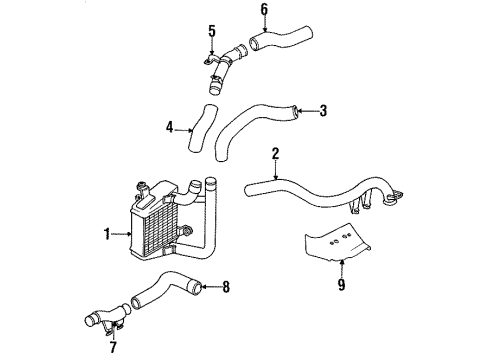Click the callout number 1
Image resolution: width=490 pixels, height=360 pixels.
click(107, 234)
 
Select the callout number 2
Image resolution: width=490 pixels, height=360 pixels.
click(275, 154)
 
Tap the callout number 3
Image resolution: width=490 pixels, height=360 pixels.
click(323, 111)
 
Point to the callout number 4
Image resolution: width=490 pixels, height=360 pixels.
click(170, 127)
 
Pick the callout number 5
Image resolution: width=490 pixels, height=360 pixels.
click(212, 31)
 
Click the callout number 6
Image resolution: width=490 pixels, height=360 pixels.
click(264, 10)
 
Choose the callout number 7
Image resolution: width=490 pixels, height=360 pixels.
click(113, 347)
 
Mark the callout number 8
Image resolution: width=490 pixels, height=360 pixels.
click(226, 287)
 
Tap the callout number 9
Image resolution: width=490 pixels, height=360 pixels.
click(341, 284)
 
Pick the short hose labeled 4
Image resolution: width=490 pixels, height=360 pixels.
click(200, 133)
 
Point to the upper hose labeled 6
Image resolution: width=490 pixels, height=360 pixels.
click(281, 38)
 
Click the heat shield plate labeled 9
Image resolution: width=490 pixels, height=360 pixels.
click(337, 243)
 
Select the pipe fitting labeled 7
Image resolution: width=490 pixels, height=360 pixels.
click(108, 317)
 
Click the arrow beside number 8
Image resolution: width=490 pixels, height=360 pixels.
click(211, 287)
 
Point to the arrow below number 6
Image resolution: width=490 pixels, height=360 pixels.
click(265, 24)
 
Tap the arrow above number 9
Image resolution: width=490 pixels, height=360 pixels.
click(341, 269)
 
